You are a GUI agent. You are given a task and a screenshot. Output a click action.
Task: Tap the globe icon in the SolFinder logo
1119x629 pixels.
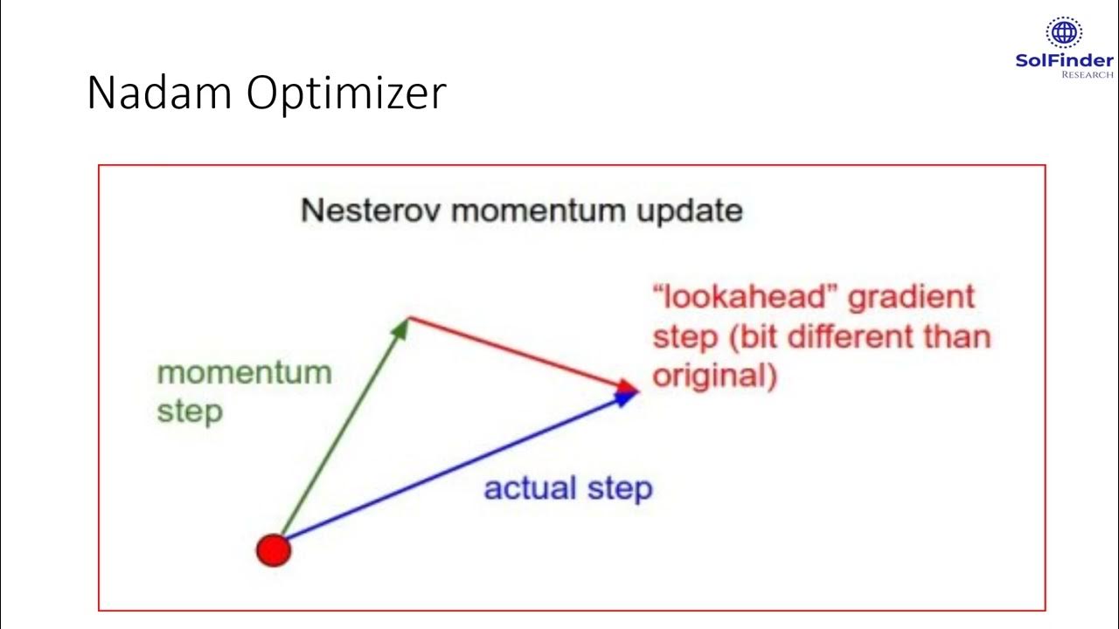click(x=1064, y=33)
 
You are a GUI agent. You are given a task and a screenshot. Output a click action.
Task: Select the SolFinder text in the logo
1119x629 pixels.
click(x=1064, y=60)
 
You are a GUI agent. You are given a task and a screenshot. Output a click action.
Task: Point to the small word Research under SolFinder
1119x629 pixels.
click(x=1087, y=75)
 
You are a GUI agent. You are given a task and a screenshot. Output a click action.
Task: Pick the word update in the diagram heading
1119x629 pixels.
click(x=690, y=211)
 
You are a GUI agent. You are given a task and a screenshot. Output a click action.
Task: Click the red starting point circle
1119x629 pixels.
click(x=273, y=550)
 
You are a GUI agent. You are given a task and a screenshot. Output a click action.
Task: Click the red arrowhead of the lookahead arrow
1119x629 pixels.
click(x=627, y=386)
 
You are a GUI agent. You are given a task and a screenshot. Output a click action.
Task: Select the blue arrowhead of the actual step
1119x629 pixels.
click(x=625, y=398)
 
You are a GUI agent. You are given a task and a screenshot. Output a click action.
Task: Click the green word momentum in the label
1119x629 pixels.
click(x=244, y=373)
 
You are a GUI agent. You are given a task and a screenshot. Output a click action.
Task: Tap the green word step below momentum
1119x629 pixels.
click(x=189, y=411)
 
